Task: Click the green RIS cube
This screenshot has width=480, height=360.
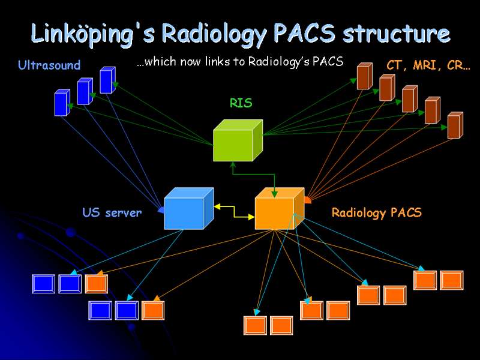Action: pos(238,140)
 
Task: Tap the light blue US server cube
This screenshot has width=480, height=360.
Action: pos(189,208)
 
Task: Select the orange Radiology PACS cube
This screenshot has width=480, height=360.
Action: pos(280,208)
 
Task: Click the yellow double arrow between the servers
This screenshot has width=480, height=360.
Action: pos(235,212)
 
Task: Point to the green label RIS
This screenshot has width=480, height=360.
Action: pos(241,103)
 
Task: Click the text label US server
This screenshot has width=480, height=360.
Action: pos(112,212)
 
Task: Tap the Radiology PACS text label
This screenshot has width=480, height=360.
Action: pos(377,213)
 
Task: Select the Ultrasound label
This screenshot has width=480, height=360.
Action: pos(49,65)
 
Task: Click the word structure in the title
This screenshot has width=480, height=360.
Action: pos(397,33)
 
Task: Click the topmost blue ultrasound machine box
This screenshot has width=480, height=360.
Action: pos(108,80)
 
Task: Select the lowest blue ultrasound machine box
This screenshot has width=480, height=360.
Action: pos(62,103)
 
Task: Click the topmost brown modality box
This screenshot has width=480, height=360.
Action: pos(365,76)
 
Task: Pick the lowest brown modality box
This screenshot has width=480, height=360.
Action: pos(455,125)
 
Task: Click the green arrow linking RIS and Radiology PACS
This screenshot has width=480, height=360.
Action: pos(253,175)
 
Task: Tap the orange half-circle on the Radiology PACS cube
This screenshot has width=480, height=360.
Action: pos(308,200)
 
